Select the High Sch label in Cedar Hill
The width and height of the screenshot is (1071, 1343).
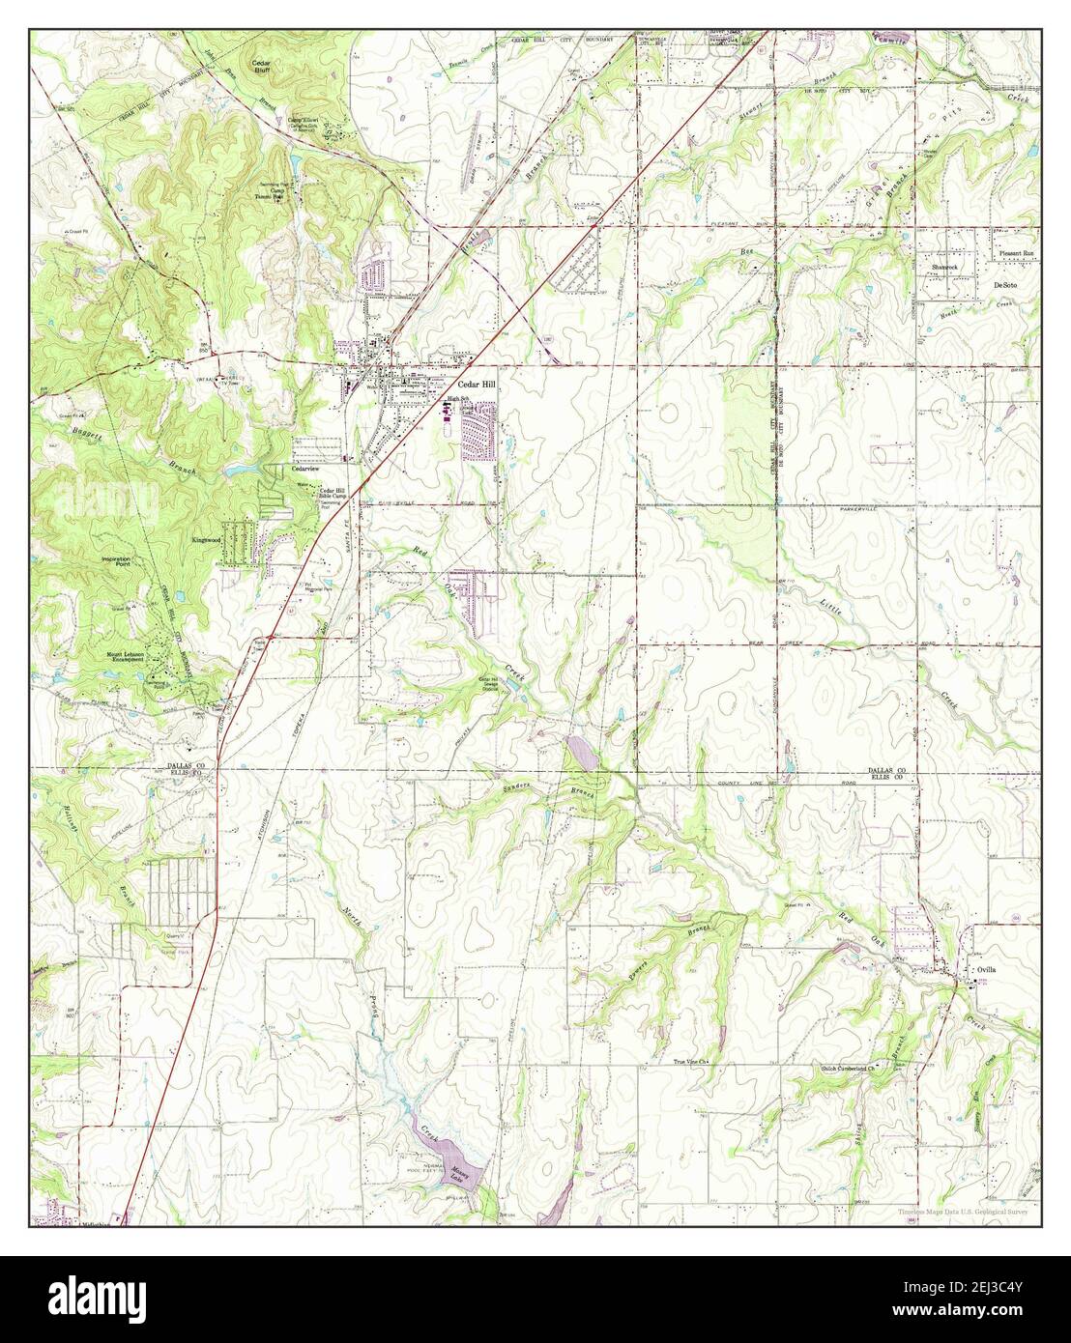pyautogui.click(x=455, y=399)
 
